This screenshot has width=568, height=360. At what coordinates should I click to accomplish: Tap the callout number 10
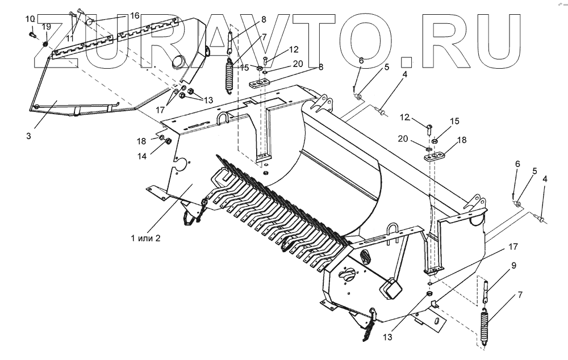(x=30, y=19)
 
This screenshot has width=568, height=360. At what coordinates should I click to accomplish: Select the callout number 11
(x=70, y=37)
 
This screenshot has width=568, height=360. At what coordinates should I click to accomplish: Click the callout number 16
(x=135, y=15)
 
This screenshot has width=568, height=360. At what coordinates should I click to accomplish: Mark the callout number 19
(x=47, y=27)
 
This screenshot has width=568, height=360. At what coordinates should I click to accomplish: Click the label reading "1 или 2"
(x=145, y=238)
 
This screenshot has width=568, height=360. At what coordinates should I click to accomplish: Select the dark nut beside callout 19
(x=46, y=44)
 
